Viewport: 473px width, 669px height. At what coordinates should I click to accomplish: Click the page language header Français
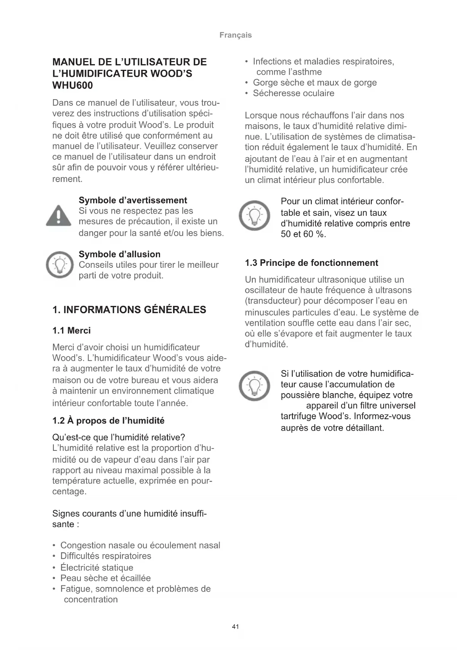(x=236, y=35)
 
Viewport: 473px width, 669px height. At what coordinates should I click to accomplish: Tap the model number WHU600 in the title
(x=72, y=85)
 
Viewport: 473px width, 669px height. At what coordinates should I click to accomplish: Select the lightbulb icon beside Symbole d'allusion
(x=59, y=265)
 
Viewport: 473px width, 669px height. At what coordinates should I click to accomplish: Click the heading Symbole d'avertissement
(x=133, y=200)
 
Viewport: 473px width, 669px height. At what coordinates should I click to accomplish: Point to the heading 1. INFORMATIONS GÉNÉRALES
(x=129, y=310)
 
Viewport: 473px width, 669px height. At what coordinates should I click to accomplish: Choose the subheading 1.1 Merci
(x=72, y=331)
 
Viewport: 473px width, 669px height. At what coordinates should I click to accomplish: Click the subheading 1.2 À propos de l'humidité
(x=108, y=421)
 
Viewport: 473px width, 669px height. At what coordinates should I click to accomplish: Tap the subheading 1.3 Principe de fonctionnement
(x=311, y=263)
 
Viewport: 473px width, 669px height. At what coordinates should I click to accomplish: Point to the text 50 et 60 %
(x=303, y=234)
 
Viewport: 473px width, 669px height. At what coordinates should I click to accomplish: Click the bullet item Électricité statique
(x=97, y=568)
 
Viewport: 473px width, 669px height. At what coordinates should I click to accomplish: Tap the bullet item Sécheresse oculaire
(x=293, y=93)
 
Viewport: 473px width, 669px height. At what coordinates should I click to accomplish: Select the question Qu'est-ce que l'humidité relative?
(x=119, y=437)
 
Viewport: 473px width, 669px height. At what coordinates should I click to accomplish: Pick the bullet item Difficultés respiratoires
(x=106, y=556)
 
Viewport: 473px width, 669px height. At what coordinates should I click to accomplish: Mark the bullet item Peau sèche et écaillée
(x=106, y=578)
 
